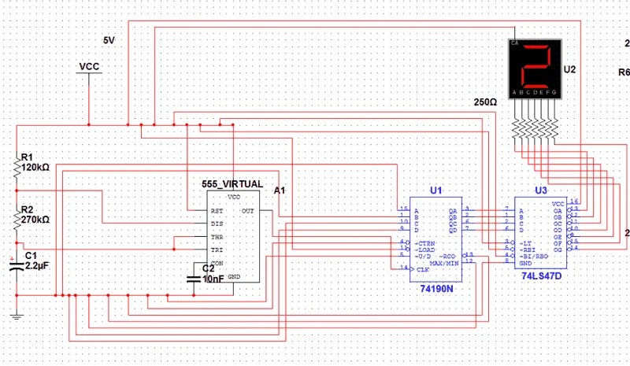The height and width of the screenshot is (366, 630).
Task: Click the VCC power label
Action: (89, 67)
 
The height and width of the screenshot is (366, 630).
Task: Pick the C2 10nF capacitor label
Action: (202, 274)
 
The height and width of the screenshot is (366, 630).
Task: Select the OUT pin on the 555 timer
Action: (247, 210)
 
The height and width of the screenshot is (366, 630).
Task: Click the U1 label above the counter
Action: (435, 190)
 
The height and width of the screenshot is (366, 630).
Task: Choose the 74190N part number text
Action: (436, 289)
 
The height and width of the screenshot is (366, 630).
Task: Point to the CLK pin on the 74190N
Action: (423, 269)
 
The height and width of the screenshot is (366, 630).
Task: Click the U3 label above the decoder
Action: (540, 190)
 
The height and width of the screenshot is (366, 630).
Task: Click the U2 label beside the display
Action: (570, 70)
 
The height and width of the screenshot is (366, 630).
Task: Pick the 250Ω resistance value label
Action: (485, 102)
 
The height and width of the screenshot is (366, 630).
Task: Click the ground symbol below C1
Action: (15, 316)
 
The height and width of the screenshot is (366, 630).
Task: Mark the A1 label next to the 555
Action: (279, 190)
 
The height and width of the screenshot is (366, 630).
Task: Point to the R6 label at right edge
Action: (624, 72)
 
